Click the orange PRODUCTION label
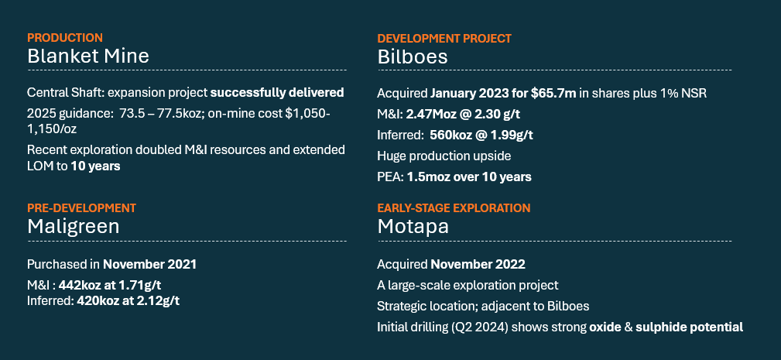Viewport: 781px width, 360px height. click(65, 38)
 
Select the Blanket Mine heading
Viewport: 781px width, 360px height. click(88, 56)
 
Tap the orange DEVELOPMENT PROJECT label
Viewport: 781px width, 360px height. click(444, 39)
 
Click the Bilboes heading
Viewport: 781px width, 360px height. click(413, 57)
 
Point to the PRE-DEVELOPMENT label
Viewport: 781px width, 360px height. click(82, 207)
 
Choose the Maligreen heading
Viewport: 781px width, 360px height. click(74, 227)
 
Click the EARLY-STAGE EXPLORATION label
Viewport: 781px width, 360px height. click(454, 207)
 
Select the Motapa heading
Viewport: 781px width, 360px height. click(413, 227)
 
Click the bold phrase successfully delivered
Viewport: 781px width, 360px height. click(277, 93)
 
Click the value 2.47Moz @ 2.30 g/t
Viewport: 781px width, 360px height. click(463, 114)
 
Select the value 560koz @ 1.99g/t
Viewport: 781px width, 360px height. click(481, 135)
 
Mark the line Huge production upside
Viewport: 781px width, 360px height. click(444, 156)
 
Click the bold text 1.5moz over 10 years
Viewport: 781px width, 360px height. click(469, 177)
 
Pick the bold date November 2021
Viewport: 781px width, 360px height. click(149, 265)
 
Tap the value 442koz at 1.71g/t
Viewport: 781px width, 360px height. click(110, 286)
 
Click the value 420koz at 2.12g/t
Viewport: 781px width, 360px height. click(128, 301)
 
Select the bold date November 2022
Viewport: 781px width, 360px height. click(478, 265)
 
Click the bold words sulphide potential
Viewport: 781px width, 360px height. click(690, 327)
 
